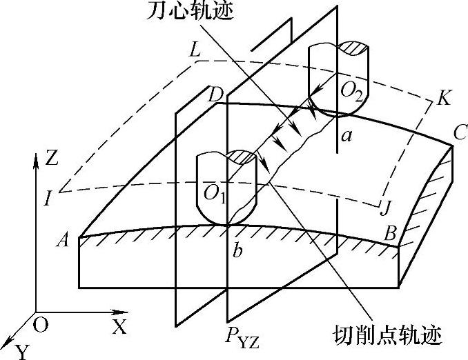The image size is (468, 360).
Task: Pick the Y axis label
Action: click(23, 352)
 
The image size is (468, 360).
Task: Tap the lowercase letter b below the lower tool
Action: click(237, 250)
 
